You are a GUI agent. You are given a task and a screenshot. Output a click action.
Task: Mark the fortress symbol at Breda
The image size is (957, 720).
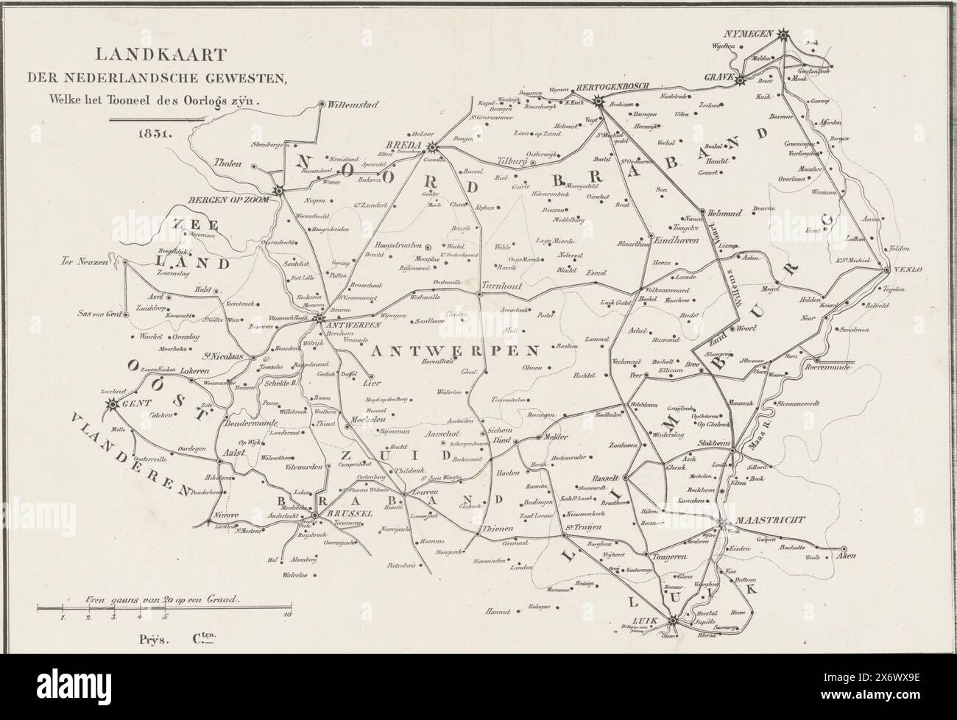pyautogui.click(x=432, y=147)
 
